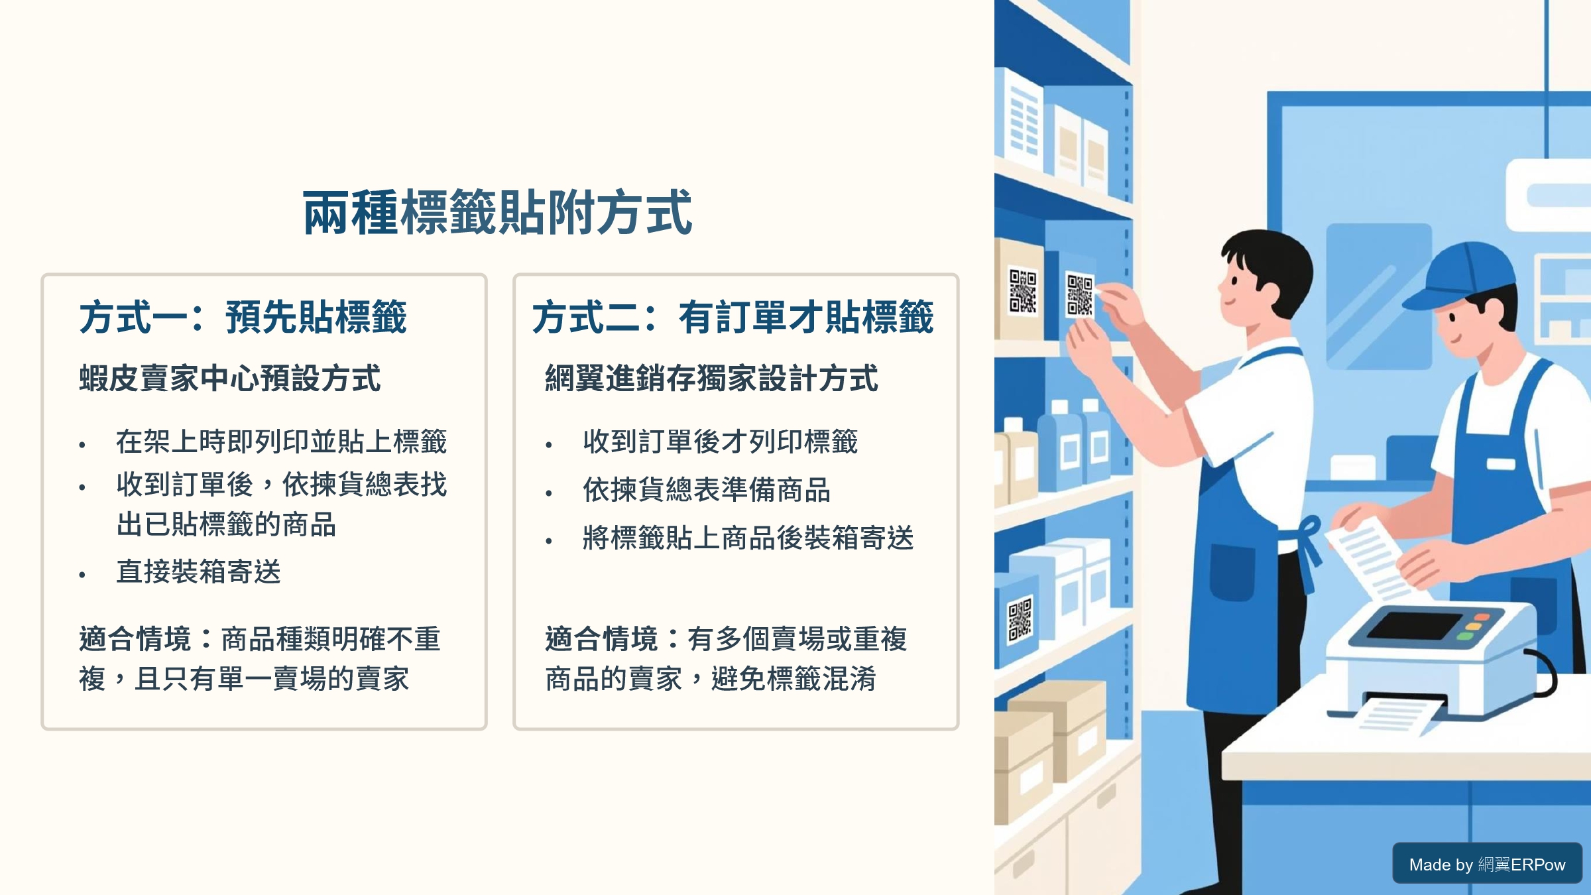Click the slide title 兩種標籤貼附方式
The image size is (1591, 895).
tap(498, 213)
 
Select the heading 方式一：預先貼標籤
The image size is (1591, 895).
tap(243, 317)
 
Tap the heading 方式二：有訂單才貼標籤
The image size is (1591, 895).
tap(733, 317)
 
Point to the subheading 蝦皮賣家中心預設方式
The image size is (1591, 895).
tap(230, 379)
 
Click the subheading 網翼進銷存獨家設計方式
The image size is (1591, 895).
tap(711, 379)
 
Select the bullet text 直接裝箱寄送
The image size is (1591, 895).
tap(199, 571)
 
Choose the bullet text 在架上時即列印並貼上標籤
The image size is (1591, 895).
tap(282, 442)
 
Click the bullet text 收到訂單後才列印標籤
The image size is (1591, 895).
tap(721, 442)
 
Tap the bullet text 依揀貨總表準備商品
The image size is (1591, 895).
tap(707, 490)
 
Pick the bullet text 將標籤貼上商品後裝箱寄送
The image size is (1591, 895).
tap(748, 538)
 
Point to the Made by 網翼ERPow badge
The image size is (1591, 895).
tap(1487, 863)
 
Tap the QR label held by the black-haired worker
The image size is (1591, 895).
tap(1080, 295)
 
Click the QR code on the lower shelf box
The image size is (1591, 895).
tap(1020, 620)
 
